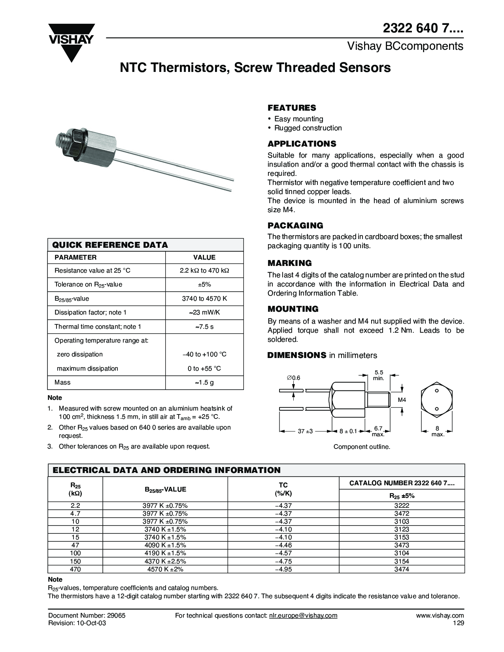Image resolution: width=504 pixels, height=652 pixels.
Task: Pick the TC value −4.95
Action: [x=283, y=569]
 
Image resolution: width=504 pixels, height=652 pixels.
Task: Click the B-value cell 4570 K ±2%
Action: [x=165, y=569]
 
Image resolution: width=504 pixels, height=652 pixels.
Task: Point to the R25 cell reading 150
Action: [x=75, y=562]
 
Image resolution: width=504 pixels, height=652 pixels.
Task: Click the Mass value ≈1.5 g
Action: [x=204, y=383]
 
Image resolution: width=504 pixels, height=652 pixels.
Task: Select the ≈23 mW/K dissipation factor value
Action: [x=204, y=313]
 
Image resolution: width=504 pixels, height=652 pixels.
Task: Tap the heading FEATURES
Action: [x=292, y=107]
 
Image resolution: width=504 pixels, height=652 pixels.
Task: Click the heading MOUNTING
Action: [x=293, y=309]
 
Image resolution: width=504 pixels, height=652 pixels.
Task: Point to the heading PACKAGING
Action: [x=295, y=226]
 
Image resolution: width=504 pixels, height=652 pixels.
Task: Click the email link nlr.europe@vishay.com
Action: [x=303, y=615]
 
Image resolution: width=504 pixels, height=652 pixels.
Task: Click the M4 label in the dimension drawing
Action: [x=402, y=400]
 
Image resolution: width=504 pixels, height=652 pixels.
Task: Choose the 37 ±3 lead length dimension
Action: [x=305, y=431]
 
